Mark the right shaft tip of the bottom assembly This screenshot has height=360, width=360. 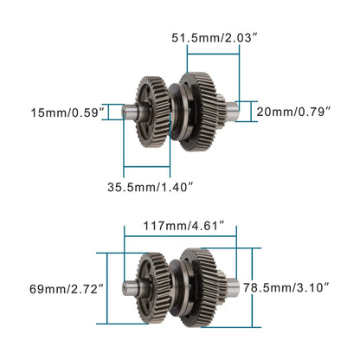click(233, 285)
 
